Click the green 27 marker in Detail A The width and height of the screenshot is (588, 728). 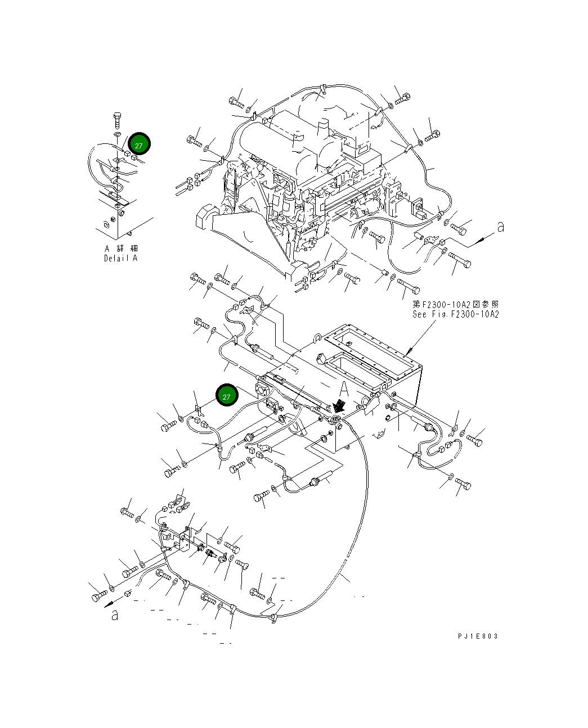pos(139,144)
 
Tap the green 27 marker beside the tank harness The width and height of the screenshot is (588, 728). pos(226,396)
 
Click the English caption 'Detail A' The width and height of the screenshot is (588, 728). pos(120,258)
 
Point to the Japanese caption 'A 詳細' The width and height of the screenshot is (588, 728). pos(121,248)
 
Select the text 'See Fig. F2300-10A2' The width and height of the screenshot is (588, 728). pos(455,314)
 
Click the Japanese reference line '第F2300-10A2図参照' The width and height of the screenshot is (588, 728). pos(455,304)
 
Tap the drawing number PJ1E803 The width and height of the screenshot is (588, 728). pos(478,636)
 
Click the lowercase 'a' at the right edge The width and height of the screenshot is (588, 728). pos(500,227)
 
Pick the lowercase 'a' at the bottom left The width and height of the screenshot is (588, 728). pos(114,614)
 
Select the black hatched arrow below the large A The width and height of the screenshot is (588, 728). pos(339,405)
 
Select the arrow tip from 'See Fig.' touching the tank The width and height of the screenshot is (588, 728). pos(407,354)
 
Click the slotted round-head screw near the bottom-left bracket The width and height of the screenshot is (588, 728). pos(243,564)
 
